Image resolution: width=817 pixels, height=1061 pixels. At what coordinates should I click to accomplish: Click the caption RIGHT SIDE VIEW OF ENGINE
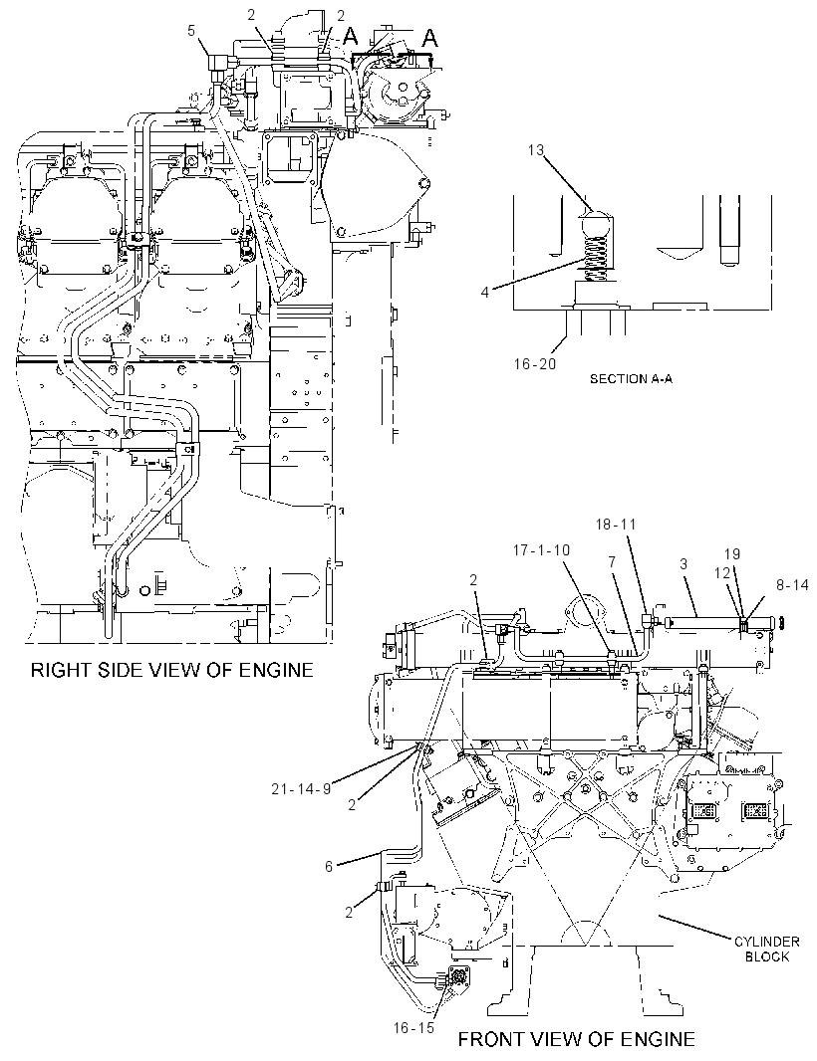pos(172,670)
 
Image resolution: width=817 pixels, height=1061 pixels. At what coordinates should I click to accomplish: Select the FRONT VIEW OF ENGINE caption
pos(577,1039)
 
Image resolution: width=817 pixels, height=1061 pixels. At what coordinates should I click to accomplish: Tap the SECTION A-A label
pos(631,379)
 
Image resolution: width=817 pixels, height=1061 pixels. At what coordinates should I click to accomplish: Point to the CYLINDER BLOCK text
pos(767,949)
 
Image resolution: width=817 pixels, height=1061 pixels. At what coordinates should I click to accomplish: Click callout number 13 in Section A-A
pos(537,149)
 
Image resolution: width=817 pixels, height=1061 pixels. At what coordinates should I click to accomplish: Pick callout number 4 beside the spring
pos(485,293)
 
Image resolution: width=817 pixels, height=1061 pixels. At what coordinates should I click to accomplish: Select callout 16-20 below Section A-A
pos(534,364)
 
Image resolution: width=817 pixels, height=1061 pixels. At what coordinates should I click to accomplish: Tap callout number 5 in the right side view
pos(191,30)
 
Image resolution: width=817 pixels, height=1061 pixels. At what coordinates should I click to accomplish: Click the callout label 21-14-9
pos(302,787)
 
